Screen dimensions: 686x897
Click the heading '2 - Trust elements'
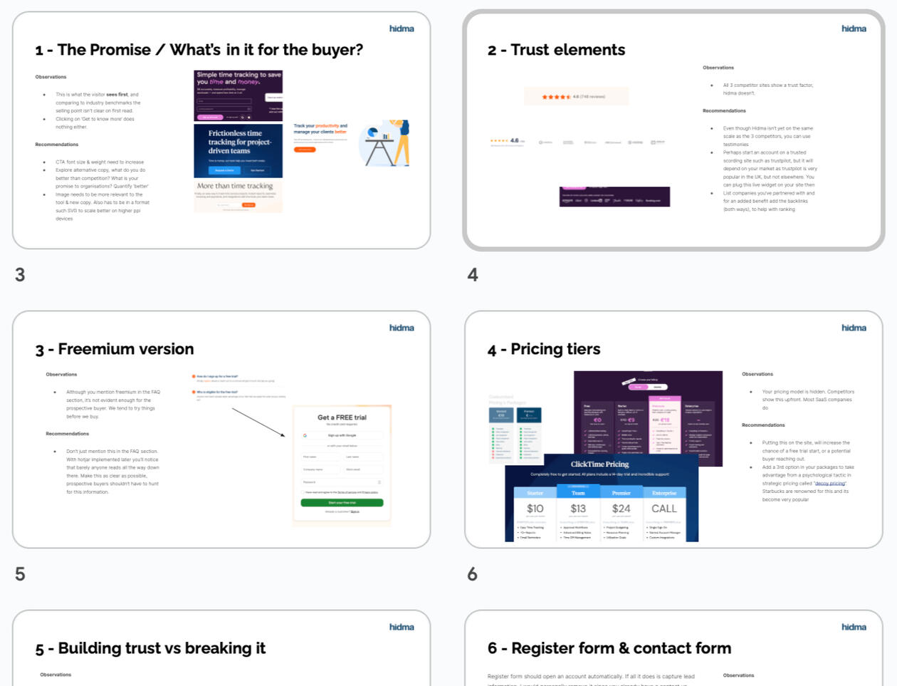point(556,50)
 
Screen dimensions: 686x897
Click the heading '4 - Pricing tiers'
point(544,349)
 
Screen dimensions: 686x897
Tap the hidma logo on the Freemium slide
point(402,328)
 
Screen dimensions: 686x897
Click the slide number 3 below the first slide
point(20,275)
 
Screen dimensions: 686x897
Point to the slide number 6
point(472,574)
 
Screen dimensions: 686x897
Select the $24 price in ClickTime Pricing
point(621,509)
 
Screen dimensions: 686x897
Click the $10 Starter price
point(535,509)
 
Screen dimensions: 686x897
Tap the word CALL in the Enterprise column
point(663,509)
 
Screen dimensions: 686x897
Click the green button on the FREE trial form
point(342,503)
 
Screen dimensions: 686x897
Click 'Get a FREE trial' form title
point(342,417)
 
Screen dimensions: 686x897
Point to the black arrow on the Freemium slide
point(258,422)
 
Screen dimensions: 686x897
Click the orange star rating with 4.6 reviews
point(556,96)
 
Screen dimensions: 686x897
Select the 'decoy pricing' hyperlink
point(830,483)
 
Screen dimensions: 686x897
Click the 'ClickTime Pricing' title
point(599,464)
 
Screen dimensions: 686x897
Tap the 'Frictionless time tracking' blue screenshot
point(238,150)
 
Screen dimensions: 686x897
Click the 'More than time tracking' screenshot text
point(235,186)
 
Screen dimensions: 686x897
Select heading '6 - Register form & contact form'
point(609,648)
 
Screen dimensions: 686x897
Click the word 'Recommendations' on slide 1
point(57,145)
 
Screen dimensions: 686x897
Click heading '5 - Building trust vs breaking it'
point(150,648)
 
